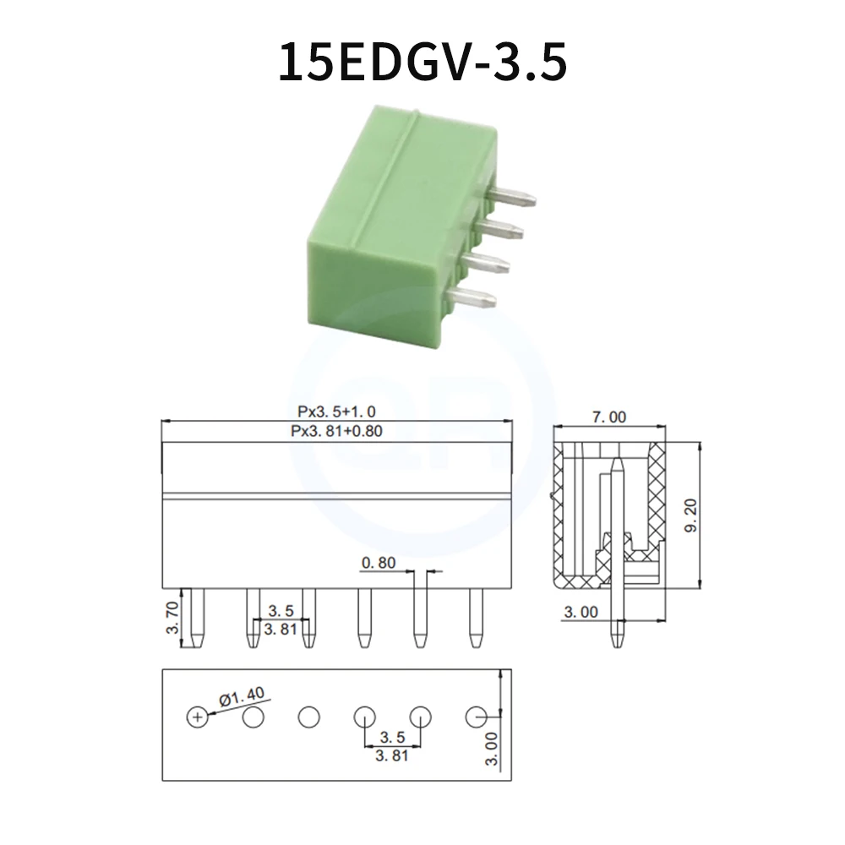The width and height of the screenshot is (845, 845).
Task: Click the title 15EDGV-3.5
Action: pos(422,63)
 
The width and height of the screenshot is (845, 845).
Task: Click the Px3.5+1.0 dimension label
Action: pos(336,412)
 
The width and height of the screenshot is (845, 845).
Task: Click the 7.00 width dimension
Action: pos(609,416)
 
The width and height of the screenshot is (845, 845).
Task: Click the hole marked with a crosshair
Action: pos(196,717)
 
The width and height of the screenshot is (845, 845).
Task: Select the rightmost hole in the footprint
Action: pos(477,717)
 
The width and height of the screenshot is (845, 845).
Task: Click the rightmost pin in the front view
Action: pos(476,618)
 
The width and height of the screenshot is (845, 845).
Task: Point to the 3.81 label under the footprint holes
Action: pos(392,755)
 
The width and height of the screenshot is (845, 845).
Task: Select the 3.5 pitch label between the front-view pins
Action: pos(281,610)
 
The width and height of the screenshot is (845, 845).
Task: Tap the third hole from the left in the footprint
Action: pos(309,717)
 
